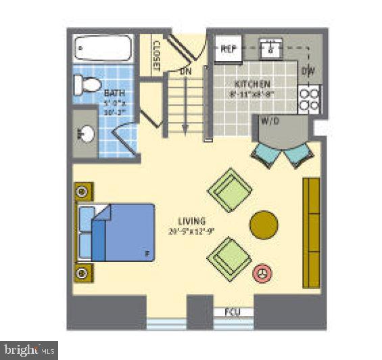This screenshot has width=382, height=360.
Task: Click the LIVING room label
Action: (192, 221)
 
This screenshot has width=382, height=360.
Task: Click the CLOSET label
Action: (156, 56)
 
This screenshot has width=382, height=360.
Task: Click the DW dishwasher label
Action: (308, 70)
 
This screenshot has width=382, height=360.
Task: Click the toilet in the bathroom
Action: (86, 85)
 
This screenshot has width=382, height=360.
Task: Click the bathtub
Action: (101, 48)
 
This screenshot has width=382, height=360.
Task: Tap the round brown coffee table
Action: (263, 225)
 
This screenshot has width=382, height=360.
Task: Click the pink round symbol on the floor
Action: (262, 273)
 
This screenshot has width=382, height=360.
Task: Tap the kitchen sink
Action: (271, 49)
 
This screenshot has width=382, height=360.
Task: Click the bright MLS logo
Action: (28, 351)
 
